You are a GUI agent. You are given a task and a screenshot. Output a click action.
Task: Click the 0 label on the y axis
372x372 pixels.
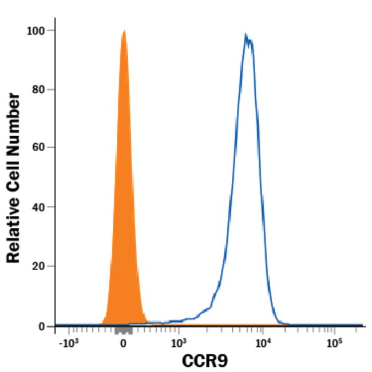point(42,326)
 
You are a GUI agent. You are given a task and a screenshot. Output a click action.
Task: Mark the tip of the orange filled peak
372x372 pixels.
point(124,31)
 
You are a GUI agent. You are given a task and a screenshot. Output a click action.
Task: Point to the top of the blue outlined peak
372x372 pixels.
point(247,35)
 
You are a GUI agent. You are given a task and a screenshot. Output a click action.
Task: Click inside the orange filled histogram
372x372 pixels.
point(124,229)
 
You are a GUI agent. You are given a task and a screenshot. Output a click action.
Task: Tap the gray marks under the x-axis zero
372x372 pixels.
point(124,331)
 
